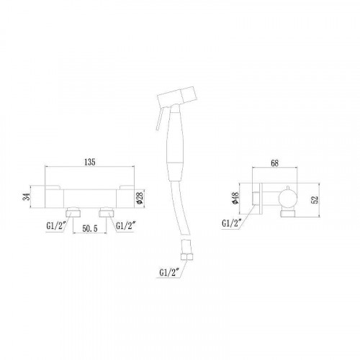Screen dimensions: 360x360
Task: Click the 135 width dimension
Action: (90, 162)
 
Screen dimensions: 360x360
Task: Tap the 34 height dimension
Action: (27, 197)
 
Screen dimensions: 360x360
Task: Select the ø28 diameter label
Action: (140, 197)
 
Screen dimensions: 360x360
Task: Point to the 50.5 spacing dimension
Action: (90, 228)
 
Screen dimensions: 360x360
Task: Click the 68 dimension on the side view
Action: (274, 163)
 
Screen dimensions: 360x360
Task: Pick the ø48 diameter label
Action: (235, 198)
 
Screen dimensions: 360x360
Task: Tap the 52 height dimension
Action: (315, 199)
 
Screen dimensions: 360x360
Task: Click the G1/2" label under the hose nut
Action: (169, 272)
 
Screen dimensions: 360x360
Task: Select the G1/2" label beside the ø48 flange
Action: (231, 224)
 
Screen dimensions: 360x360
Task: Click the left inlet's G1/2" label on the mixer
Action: (56, 226)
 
